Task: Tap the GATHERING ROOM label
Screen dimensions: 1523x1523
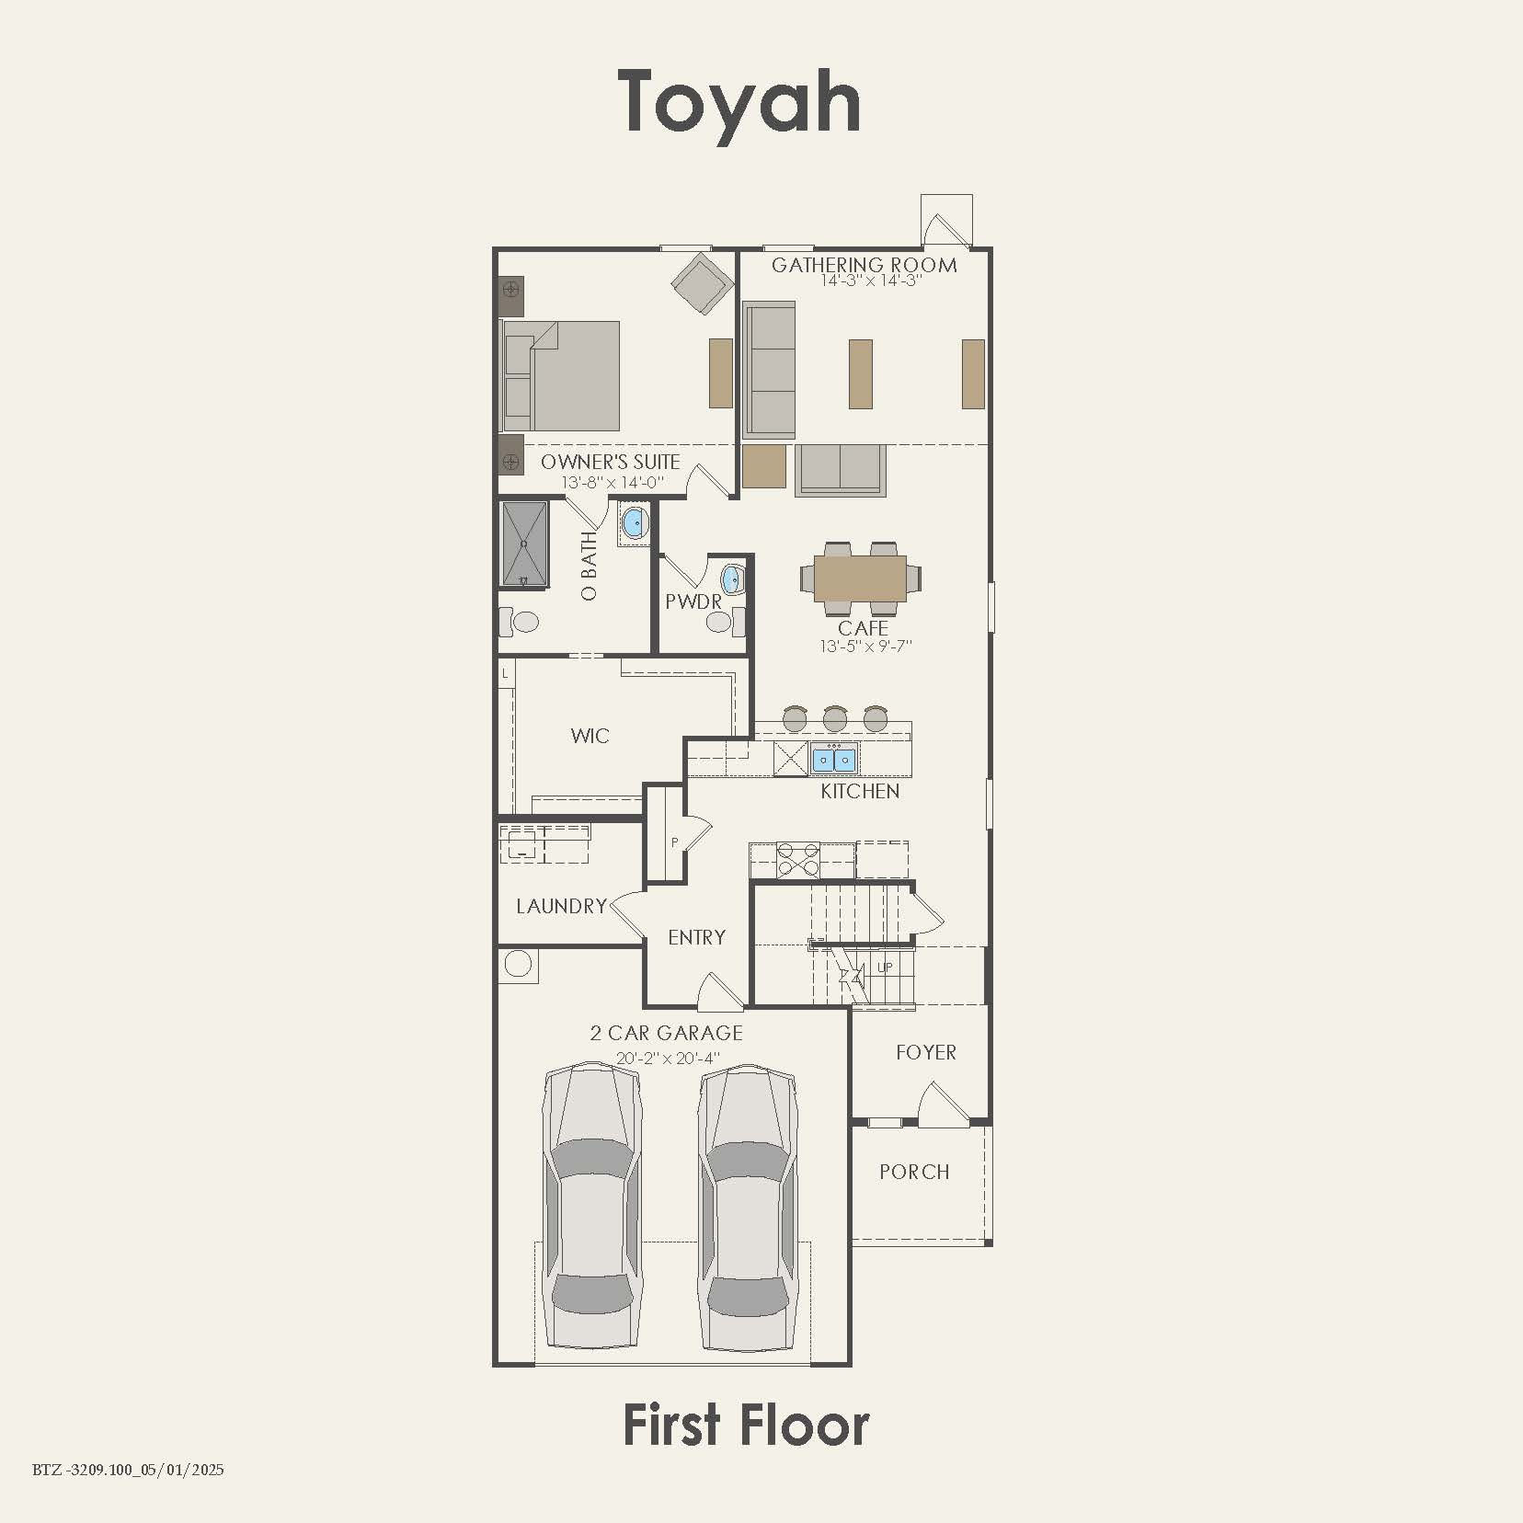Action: tap(864, 265)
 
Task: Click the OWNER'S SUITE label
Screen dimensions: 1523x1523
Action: tap(610, 462)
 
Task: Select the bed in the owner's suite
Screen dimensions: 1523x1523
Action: tap(561, 376)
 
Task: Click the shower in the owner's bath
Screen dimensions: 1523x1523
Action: tap(524, 544)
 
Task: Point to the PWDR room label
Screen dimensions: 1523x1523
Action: tap(693, 601)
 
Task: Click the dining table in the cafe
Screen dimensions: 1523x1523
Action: tap(861, 578)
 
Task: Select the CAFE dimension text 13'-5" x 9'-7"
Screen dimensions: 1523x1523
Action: tap(865, 647)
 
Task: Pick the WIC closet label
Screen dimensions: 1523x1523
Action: tap(590, 736)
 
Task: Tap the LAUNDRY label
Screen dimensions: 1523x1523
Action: tap(561, 907)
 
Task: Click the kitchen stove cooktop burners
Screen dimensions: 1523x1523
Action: tap(797, 859)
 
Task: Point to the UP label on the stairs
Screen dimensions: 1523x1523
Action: tap(885, 968)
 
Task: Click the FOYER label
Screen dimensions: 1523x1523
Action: tap(925, 1052)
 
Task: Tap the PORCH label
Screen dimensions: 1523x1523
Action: tap(914, 1172)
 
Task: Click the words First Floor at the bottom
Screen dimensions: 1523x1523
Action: tap(746, 1426)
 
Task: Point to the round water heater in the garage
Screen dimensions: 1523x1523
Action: tap(518, 965)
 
